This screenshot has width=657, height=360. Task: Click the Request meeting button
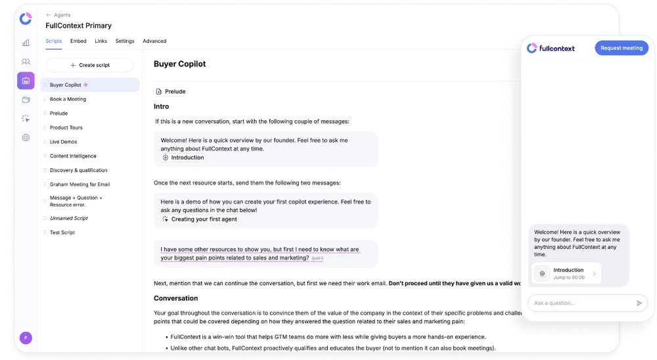click(621, 48)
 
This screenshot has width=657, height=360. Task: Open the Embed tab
click(78, 41)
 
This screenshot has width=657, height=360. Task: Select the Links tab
click(101, 41)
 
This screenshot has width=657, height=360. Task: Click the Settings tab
click(125, 41)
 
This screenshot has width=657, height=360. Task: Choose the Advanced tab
click(154, 41)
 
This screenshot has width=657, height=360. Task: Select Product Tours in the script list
click(66, 127)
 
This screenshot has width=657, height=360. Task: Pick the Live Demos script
click(64, 142)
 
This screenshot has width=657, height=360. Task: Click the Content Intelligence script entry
click(73, 156)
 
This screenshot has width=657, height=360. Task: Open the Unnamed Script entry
click(69, 218)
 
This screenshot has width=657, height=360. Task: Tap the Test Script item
click(62, 233)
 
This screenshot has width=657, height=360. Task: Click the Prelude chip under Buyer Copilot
click(171, 91)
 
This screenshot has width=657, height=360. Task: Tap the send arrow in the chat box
click(639, 303)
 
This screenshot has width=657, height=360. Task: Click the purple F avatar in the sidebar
click(26, 338)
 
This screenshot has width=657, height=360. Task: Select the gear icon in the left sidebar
click(26, 138)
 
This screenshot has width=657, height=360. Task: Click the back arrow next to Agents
click(49, 15)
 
